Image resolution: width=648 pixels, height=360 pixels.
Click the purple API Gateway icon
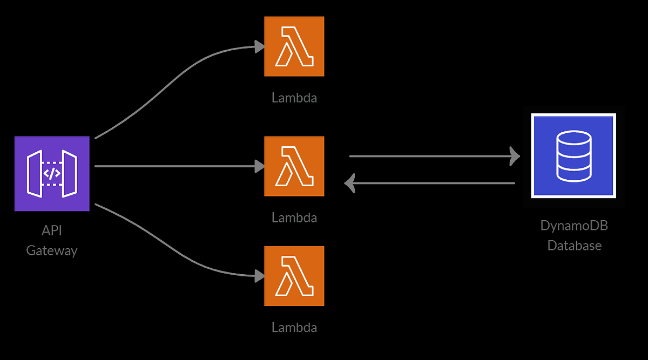[x=52, y=173]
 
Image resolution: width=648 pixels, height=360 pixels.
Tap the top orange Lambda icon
[x=294, y=46]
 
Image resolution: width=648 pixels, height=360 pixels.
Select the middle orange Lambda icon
[x=294, y=166]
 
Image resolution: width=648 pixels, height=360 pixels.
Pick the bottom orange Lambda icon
[x=294, y=276]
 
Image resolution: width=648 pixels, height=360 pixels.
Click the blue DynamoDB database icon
[x=573, y=156]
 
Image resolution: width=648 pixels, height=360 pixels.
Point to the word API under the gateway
[x=52, y=231]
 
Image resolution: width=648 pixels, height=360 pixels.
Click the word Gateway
[x=52, y=250]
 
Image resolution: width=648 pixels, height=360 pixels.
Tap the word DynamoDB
[x=574, y=226]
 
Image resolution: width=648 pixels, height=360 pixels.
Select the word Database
[x=574, y=246]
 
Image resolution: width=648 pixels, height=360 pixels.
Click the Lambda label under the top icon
[x=294, y=98]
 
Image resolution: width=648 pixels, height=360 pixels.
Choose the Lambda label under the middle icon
[x=294, y=218]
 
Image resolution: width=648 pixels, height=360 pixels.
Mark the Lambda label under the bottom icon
[x=294, y=328]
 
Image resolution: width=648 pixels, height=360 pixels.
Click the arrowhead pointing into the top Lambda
[x=259, y=47]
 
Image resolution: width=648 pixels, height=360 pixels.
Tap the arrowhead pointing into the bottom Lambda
[x=259, y=276]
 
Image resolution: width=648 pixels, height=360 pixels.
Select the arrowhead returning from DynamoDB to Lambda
[x=350, y=184]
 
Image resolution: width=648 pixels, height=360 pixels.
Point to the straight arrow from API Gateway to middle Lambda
[x=173, y=166]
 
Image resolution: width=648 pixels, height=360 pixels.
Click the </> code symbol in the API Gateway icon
[x=52, y=173]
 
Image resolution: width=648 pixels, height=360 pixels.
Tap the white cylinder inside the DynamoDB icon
[x=573, y=156]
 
